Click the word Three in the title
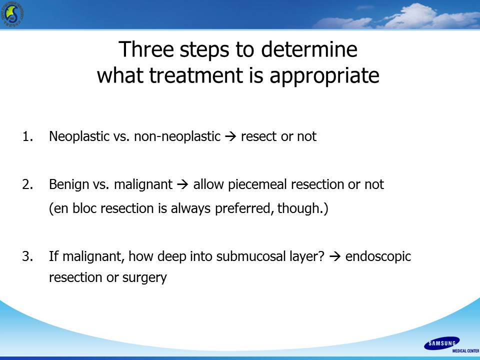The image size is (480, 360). [x=146, y=49]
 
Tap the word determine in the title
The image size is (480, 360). [x=309, y=49]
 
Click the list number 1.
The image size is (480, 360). [x=27, y=136]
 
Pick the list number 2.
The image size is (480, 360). [x=27, y=184]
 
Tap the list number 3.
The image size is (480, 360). [x=27, y=256]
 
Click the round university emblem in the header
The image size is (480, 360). [x=12, y=14]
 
